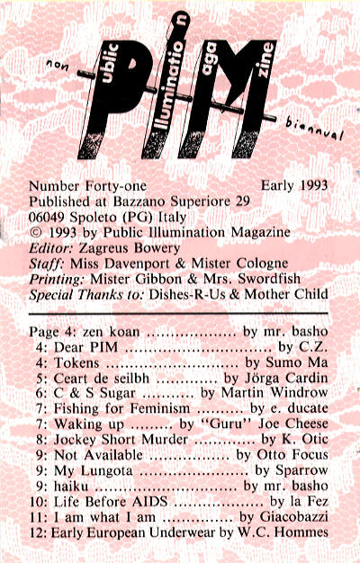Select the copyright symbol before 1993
(x=36, y=232)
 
